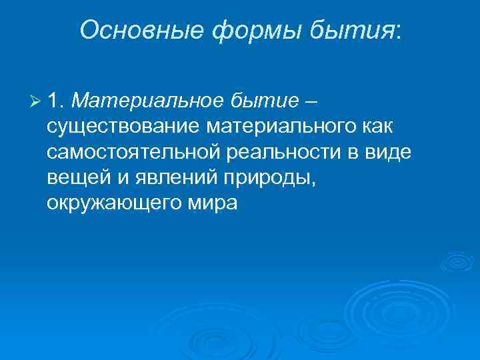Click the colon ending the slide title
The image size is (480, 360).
(398, 31)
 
